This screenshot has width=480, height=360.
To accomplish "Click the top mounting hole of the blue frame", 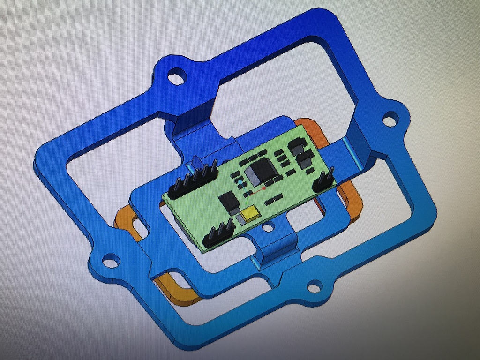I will [177, 76].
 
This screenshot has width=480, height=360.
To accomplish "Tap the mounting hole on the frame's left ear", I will [111, 260].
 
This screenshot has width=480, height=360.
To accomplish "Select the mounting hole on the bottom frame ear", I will [314, 285].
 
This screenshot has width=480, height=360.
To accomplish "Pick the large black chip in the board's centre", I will [261, 171].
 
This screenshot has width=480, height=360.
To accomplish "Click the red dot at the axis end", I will [264, 188].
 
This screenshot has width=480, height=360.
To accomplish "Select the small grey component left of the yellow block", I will [240, 218].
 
